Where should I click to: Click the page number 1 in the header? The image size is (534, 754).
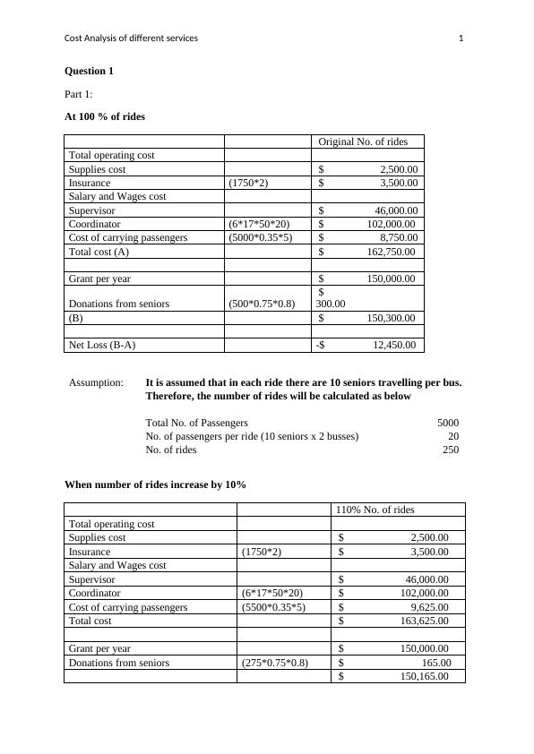(461, 38)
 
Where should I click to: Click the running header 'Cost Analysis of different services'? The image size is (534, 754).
(132, 38)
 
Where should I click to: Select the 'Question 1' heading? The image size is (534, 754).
(89, 71)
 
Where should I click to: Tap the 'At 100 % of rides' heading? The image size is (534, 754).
(105, 116)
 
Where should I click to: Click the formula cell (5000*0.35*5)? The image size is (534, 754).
(261, 237)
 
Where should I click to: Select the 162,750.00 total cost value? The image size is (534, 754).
(388, 252)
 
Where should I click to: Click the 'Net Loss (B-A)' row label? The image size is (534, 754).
(103, 345)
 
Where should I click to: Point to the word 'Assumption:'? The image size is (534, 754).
(96, 382)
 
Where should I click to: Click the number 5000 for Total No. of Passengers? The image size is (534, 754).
(448, 423)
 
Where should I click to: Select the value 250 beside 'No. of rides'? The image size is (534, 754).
(450, 450)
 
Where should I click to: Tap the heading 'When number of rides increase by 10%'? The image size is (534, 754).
(155, 484)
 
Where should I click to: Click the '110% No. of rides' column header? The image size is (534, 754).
(375, 510)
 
